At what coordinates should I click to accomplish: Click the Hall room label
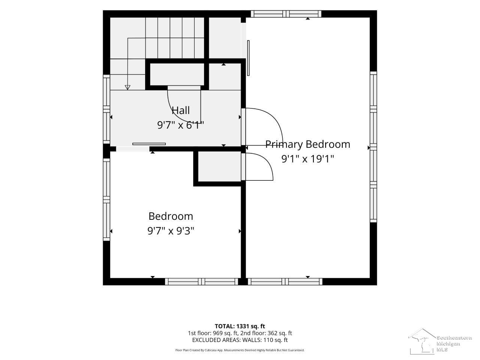[181, 110]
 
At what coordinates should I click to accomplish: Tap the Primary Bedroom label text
[307, 144]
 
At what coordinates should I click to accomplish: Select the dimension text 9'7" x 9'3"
[171, 231]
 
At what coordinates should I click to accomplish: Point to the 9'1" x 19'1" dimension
[307, 159]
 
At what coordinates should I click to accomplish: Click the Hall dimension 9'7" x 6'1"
[181, 125]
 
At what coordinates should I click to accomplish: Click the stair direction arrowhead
[127, 87]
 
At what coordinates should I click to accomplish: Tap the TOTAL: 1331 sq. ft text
[240, 326]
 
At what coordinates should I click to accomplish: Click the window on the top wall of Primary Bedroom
[286, 14]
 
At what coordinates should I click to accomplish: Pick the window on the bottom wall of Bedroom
[201, 282]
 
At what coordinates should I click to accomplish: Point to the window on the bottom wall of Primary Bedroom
[285, 282]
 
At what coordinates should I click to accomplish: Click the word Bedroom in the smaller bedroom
[171, 216]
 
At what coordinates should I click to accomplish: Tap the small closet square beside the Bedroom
[219, 166]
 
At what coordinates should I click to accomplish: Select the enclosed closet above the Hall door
[177, 75]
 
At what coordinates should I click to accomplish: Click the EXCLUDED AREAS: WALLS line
[240, 340]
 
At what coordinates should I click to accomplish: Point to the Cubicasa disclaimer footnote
[240, 350]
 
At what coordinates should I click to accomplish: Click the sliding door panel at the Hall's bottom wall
[149, 144]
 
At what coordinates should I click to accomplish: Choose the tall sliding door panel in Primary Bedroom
[248, 58]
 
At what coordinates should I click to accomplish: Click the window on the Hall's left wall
[106, 109]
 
